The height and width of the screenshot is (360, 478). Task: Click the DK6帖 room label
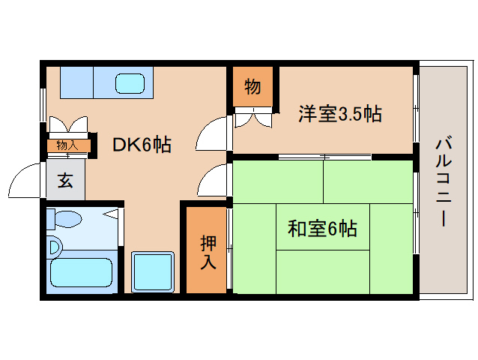pyautogui.click(x=142, y=145)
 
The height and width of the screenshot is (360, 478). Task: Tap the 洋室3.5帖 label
pyautogui.click(x=340, y=114)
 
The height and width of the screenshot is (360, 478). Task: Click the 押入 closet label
pyautogui.click(x=208, y=252)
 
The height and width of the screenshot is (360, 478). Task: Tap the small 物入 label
pyautogui.click(x=67, y=145)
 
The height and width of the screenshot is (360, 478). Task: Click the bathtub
pyautogui.click(x=80, y=275)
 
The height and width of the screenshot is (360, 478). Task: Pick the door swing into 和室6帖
pyautogui.click(x=214, y=181)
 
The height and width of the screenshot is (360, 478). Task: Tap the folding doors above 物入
pyautogui.click(x=68, y=125)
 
